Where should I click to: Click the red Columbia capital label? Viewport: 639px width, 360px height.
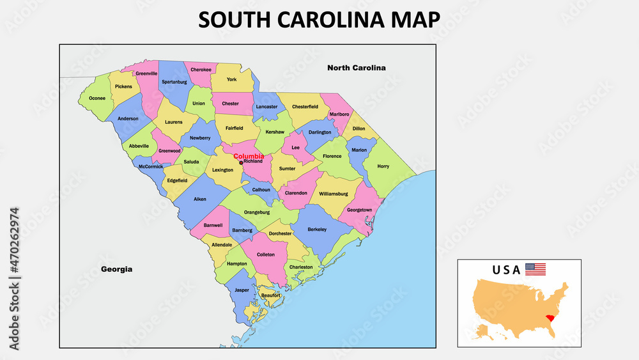[249, 156]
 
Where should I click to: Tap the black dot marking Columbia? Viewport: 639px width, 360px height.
[241, 162]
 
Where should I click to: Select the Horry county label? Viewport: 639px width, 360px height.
[383, 166]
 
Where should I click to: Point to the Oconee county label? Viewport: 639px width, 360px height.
[97, 98]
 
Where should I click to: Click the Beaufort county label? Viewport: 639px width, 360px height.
[271, 295]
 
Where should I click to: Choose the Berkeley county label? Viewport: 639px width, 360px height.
[317, 229]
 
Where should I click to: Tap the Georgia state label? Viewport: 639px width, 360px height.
[117, 269]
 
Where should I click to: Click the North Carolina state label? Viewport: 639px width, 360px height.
[357, 68]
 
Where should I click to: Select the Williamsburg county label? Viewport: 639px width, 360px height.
[332, 192]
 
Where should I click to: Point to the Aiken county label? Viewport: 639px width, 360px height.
[200, 199]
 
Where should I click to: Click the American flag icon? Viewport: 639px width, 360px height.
[535, 269]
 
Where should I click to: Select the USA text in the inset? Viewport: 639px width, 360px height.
[506, 270]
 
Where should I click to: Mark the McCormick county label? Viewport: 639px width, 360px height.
[151, 167]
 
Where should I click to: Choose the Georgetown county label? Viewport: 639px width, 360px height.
[359, 210]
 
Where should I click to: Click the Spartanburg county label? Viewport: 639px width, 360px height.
[174, 82]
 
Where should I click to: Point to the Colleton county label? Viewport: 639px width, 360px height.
[266, 254]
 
